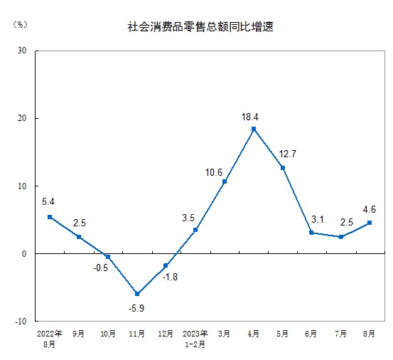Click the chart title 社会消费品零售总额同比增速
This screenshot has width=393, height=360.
(x=200, y=27)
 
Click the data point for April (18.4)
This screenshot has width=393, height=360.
(x=254, y=129)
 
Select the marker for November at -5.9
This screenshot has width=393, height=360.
(x=137, y=293)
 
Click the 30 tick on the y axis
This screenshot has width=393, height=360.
(x=21, y=51)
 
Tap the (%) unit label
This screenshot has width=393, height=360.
(x=20, y=25)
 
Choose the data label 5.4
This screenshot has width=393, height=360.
(x=48, y=201)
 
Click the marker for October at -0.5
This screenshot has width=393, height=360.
(x=108, y=257)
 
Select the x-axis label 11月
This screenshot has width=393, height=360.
(x=137, y=332)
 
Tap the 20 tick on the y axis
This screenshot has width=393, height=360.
(x=21, y=118)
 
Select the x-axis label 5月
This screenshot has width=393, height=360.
(x=283, y=332)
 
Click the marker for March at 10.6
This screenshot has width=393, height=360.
(x=225, y=181)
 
